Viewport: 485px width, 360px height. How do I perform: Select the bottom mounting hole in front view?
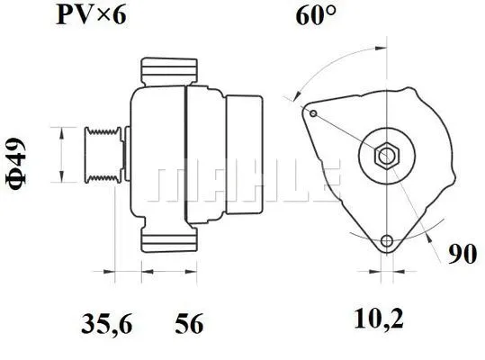point(388,242)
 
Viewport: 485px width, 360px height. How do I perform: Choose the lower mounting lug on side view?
point(169,239)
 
